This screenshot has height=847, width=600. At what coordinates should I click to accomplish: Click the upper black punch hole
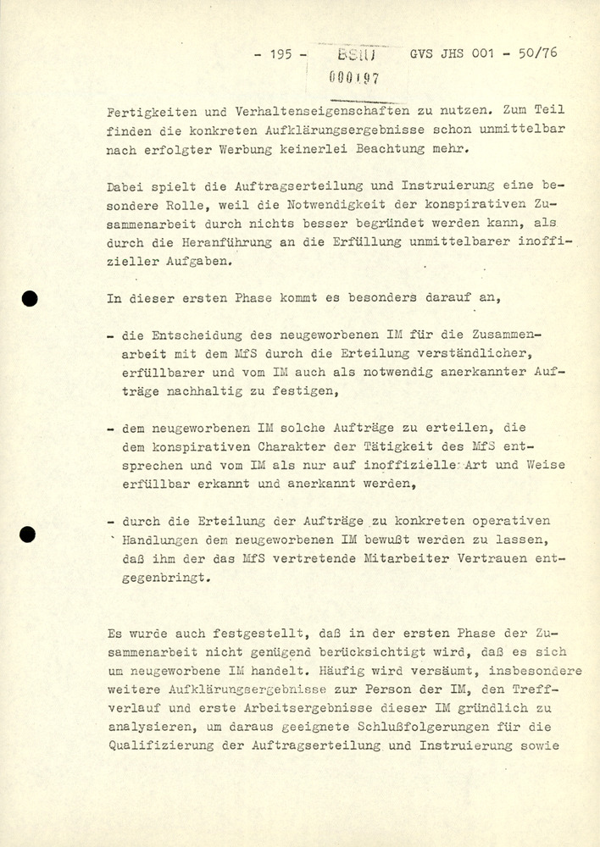tap(30, 297)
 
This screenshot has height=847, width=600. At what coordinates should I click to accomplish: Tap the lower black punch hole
tap(30, 534)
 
